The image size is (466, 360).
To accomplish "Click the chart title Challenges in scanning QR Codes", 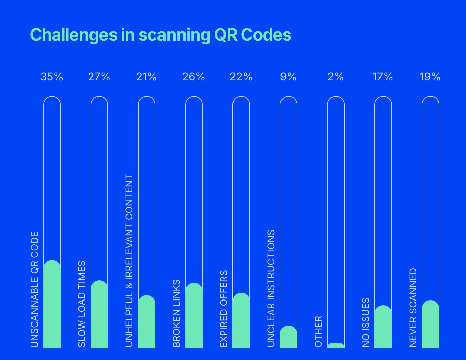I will click(161, 35).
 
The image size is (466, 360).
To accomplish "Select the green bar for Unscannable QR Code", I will click(52, 304).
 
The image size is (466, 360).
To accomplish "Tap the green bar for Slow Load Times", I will click(99, 314).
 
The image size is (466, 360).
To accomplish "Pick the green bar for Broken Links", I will click(194, 315).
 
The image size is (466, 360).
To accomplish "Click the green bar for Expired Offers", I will click(241, 320).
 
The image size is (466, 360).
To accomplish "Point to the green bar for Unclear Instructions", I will click(289, 337).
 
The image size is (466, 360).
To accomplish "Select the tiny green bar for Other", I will click(336, 346).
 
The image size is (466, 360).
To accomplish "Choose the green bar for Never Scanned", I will click(431, 324).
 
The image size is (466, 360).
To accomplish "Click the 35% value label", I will click(52, 77).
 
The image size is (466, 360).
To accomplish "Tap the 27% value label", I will click(99, 77).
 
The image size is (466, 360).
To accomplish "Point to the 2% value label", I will click(336, 77).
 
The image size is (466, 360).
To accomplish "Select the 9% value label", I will click(288, 77).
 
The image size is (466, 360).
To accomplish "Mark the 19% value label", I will click(430, 77).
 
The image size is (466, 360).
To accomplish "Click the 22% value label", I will click(241, 77).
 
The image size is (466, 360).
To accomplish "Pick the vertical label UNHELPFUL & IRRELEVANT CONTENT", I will click(129, 261).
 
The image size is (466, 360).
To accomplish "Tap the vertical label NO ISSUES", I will click(366, 322).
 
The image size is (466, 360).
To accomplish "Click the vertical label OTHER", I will click(319, 332).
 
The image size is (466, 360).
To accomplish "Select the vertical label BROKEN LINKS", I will click(177, 313).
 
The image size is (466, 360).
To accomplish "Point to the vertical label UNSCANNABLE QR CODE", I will click(35, 290).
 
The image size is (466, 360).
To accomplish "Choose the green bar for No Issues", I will click(383, 327).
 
